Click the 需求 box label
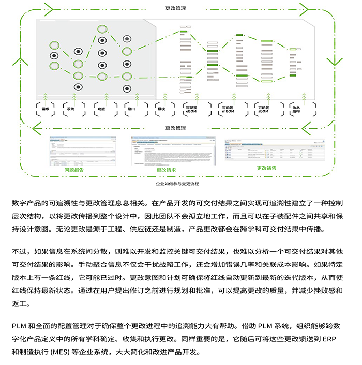(x=45, y=109)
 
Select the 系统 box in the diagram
(x=71, y=109)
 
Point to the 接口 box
(x=130, y=109)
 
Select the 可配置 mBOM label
(x=228, y=109)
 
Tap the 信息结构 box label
(x=296, y=109)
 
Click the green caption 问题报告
(x=73, y=169)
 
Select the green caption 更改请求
(x=167, y=170)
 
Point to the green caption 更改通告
(x=266, y=168)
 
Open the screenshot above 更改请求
(x=167, y=151)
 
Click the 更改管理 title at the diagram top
(x=175, y=8)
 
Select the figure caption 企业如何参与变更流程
(x=177, y=183)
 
